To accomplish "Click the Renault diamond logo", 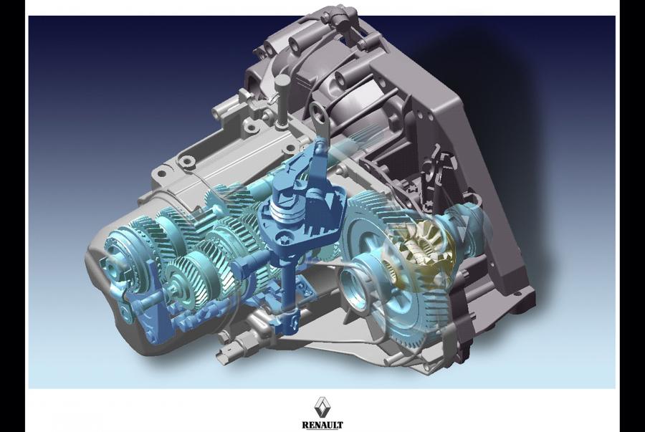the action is pyautogui.click(x=322, y=407).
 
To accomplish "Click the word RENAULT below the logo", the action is pyautogui.click(x=322, y=425).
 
